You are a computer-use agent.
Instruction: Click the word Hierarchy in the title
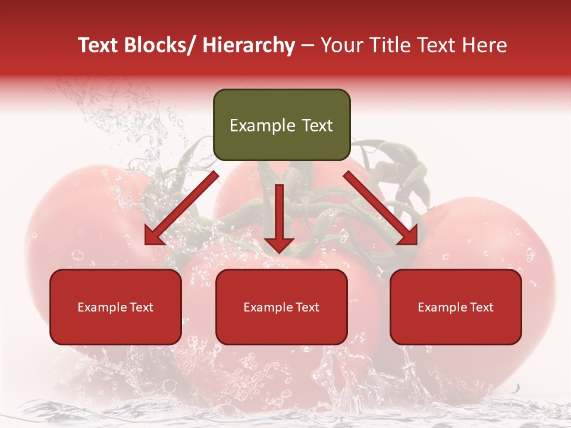[x=249, y=45]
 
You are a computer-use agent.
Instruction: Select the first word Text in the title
[x=98, y=45]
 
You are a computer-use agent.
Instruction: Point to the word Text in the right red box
[x=481, y=307]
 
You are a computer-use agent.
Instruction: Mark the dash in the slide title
[x=308, y=45]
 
